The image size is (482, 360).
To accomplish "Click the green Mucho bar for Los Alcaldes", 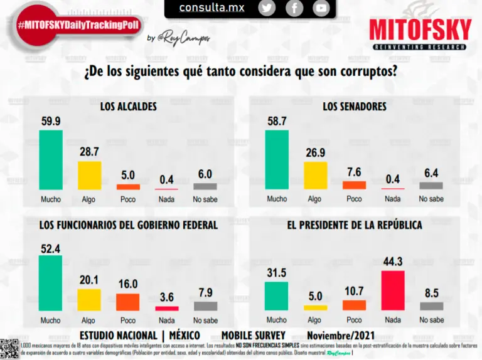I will pos(51,159).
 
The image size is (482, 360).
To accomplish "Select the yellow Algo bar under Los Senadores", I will pos(315,176).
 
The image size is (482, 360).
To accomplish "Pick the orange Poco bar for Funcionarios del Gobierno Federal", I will pos(128,302).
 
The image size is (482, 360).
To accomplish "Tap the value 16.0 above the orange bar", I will pos(128,284).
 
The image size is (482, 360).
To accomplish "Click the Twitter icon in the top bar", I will pos(267,8).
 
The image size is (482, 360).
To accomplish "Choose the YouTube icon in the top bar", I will pos(321,8).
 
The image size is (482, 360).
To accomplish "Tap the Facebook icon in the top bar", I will pos(294,8).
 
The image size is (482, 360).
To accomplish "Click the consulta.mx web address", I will pos(212,8).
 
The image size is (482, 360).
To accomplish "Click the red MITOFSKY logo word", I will pos(420,30).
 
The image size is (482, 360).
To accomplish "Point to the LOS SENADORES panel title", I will pos(355,107).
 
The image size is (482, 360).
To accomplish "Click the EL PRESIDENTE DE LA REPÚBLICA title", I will pos(355,225).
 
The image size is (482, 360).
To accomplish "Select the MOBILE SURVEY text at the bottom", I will pos(254,335).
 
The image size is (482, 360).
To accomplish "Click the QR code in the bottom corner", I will pos(9,348).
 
